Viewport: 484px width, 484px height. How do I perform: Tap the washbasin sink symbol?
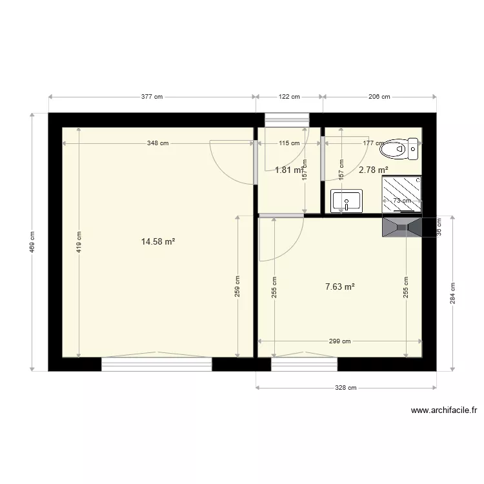pyautogui.click(x=347, y=201)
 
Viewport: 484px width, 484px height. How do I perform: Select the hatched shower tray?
pyautogui.click(x=401, y=194)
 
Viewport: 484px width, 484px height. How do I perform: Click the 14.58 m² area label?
pyautogui.click(x=158, y=242)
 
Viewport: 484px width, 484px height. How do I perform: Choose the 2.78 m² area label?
pyautogui.click(x=373, y=170)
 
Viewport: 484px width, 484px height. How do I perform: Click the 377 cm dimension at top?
pyautogui.click(x=152, y=97)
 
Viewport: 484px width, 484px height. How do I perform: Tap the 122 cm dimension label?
pyautogui.click(x=290, y=97)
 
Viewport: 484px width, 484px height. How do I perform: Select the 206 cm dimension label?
pyautogui.click(x=379, y=97)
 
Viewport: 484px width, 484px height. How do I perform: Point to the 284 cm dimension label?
pyautogui.click(x=452, y=293)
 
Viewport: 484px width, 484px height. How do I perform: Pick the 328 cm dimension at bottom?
pyautogui.click(x=345, y=388)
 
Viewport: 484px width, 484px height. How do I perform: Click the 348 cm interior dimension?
pyautogui.click(x=157, y=143)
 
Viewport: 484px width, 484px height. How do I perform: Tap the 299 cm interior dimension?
pyautogui.click(x=339, y=342)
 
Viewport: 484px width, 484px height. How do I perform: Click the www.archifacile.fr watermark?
pyautogui.click(x=443, y=410)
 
